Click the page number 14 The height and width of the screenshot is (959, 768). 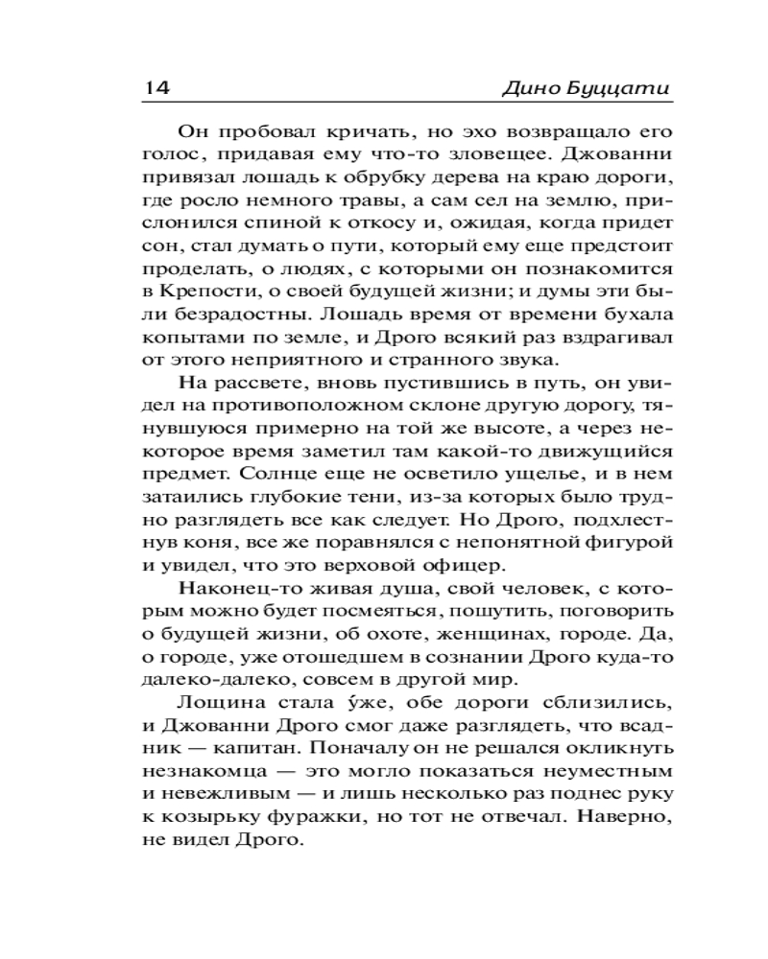click(156, 88)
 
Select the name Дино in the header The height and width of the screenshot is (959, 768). click(532, 89)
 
